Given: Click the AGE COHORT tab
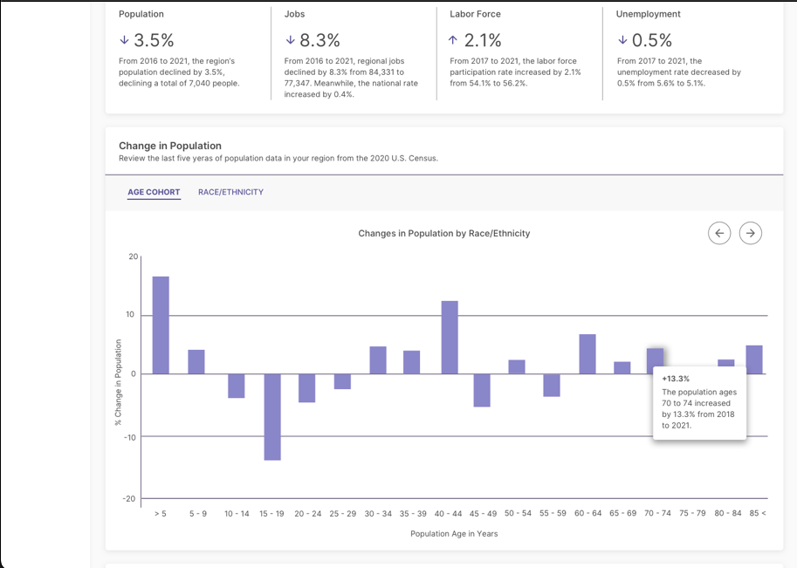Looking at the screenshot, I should [154, 192].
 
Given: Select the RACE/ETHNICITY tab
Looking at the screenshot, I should [230, 192].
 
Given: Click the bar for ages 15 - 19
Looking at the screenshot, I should [272, 417].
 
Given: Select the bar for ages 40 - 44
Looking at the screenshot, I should [450, 337].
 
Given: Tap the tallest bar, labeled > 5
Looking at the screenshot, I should [161, 325].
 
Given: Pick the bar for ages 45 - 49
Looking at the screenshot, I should [482, 390].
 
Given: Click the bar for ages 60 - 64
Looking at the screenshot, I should [587, 353].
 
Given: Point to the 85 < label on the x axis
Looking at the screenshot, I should [757, 513].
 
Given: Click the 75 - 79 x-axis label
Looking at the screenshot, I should [692, 513].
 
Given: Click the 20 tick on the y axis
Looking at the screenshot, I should [133, 257].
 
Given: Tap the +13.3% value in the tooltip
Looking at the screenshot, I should [676, 379].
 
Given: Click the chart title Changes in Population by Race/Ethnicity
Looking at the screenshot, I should [443, 234].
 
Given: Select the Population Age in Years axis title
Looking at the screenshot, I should [454, 533].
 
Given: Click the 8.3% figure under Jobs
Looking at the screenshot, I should [319, 40].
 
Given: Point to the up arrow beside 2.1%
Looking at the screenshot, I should [452, 40].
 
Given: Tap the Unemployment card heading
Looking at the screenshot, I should [648, 14].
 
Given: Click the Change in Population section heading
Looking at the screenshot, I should [170, 146].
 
